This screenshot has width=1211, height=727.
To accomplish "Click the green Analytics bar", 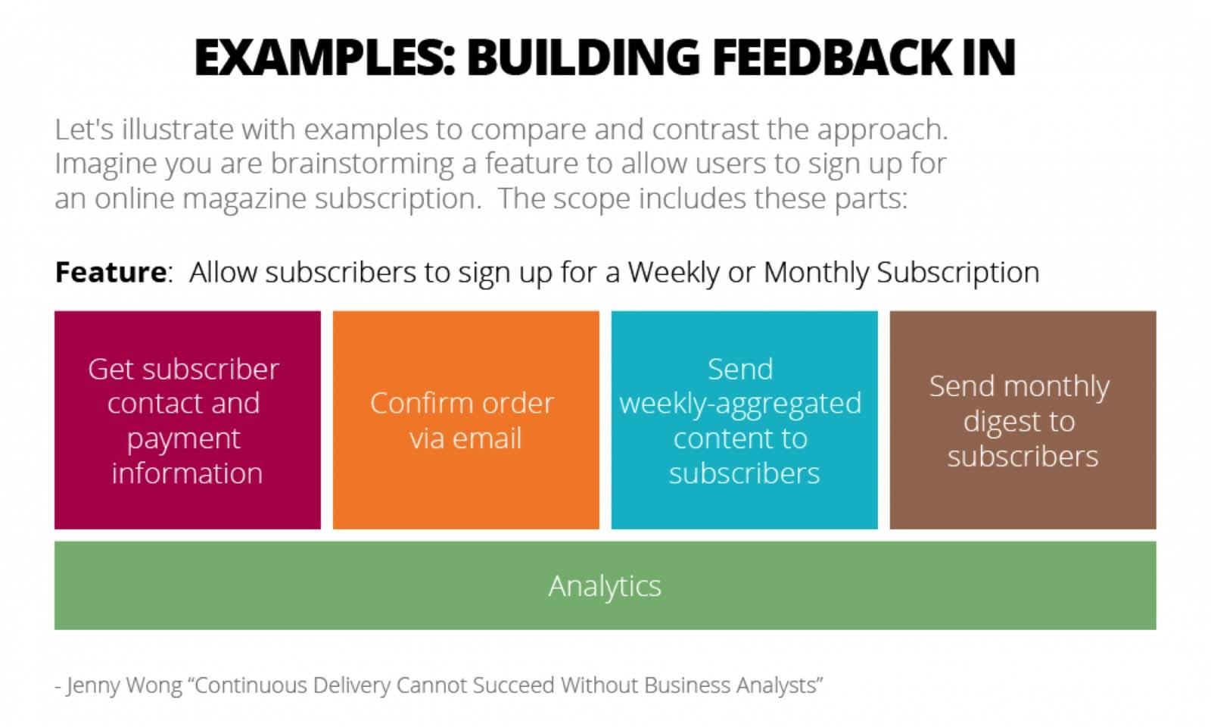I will (605, 585).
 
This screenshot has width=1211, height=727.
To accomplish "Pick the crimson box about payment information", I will (187, 420).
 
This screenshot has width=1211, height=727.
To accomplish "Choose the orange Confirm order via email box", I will (465, 420).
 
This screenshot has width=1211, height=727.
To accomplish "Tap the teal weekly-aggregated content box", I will (744, 420).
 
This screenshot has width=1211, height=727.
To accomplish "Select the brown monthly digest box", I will (1023, 420).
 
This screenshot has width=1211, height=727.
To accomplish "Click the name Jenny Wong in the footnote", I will (124, 685).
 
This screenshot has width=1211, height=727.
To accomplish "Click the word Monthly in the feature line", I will (816, 272).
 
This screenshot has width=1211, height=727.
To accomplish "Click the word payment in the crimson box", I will (184, 438).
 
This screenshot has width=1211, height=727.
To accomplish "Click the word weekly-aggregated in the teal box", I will (740, 404).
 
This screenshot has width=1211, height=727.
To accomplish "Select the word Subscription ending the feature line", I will (957, 272).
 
